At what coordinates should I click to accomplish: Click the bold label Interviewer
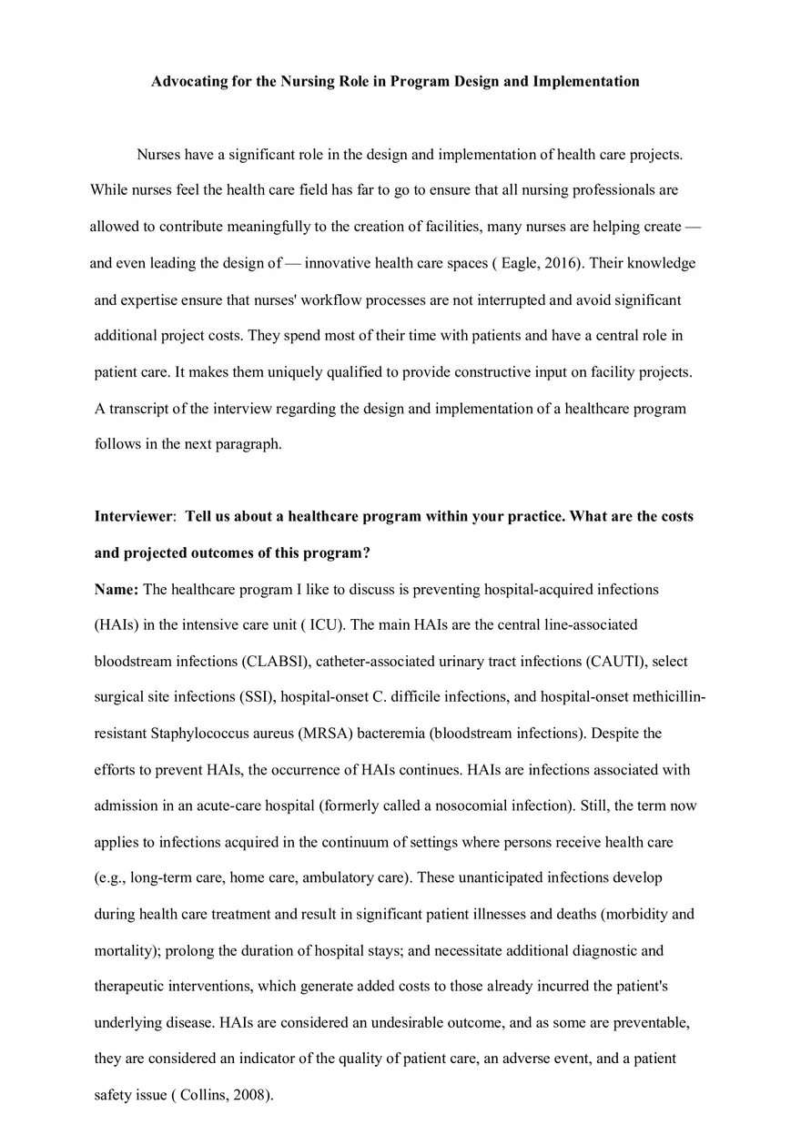click(133, 517)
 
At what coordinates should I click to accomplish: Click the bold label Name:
click(117, 590)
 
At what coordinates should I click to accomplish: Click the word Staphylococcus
click(206, 734)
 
